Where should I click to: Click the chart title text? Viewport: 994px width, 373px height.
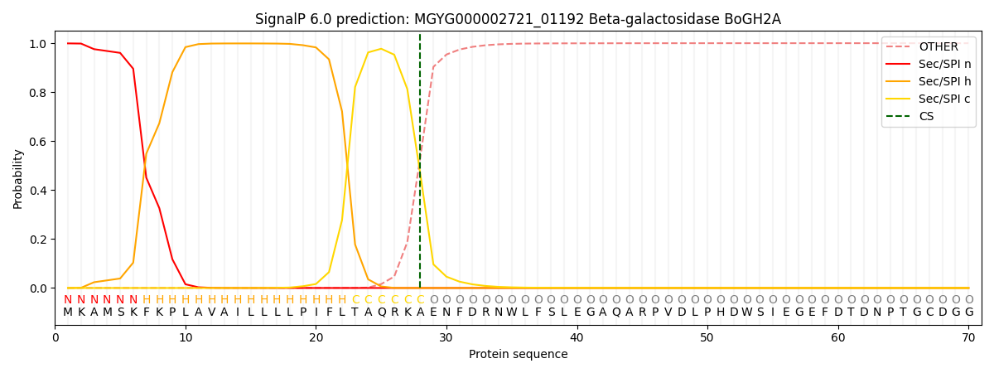(518, 19)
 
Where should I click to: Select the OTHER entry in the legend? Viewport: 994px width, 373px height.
(938, 47)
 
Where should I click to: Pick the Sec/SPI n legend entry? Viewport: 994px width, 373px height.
(943, 65)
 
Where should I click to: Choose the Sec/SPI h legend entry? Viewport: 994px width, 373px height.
(943, 81)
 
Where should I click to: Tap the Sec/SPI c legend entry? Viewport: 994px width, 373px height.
(943, 99)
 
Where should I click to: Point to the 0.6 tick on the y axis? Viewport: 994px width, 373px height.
(38, 142)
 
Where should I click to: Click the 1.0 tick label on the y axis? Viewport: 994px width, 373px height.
(38, 43)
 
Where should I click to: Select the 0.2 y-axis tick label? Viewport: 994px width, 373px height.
(38, 240)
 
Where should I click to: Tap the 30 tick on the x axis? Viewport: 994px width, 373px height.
(446, 337)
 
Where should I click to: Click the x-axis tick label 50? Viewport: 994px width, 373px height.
(707, 337)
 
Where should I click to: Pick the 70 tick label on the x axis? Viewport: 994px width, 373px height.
(967, 337)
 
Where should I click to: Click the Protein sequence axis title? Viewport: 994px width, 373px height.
(518, 355)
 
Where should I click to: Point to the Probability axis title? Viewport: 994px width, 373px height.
(18, 178)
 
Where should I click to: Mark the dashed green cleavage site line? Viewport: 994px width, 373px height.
(420, 166)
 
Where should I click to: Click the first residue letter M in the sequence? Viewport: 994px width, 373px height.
(68, 312)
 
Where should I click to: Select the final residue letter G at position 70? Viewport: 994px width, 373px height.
(968, 312)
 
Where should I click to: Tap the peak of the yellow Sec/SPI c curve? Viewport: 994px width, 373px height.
(381, 49)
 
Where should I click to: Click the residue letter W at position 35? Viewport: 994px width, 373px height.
(512, 312)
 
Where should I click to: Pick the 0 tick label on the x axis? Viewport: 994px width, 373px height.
(55, 337)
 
